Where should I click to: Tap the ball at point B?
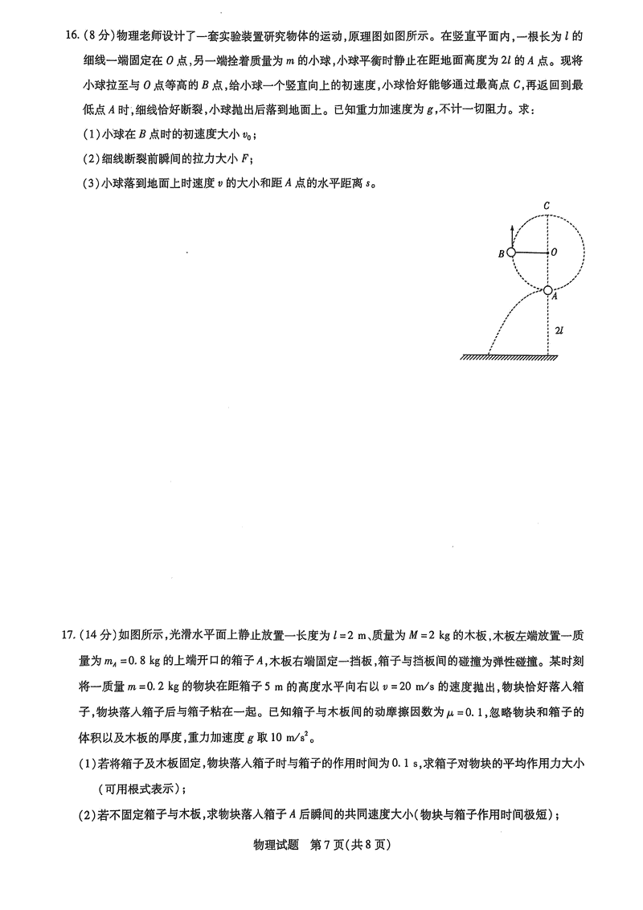[511, 252]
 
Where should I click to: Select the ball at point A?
[547, 290]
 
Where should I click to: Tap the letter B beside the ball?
[501, 254]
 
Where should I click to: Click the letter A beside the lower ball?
[555, 296]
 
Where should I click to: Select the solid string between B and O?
[530, 252]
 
